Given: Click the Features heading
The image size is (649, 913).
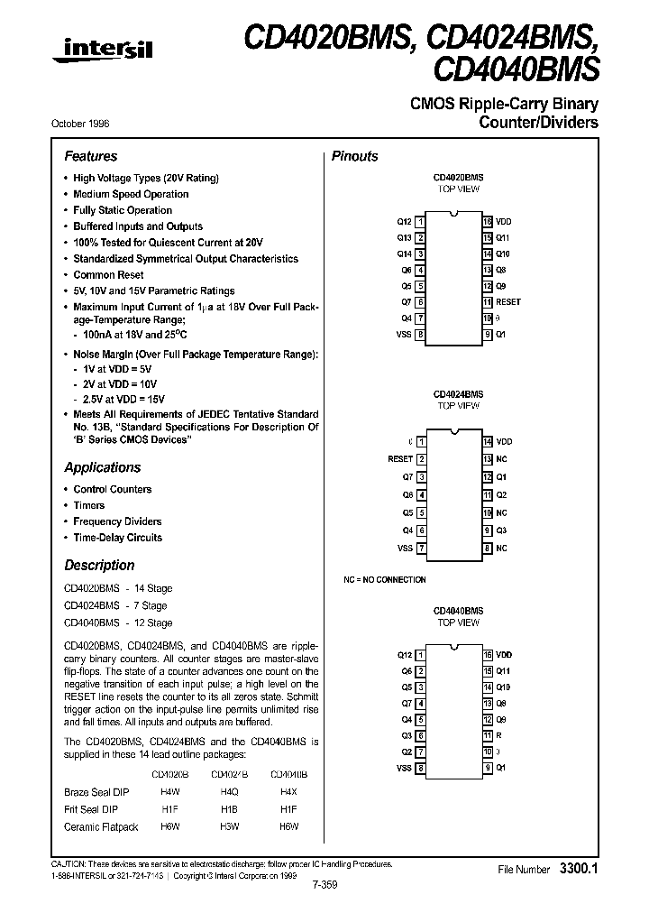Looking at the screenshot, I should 91,156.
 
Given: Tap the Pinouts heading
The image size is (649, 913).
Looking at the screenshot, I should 355,156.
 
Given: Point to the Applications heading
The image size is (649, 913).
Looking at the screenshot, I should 103,467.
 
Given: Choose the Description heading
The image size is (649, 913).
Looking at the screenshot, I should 99,566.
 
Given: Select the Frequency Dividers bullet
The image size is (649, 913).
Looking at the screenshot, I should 117,521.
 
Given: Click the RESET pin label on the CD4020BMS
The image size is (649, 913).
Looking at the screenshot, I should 508,302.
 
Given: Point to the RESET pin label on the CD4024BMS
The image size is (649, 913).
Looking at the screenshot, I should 400,459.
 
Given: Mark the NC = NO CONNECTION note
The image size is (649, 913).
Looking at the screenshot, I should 385,580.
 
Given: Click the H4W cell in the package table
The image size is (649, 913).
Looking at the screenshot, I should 170,791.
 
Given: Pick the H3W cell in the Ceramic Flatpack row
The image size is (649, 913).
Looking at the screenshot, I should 229,825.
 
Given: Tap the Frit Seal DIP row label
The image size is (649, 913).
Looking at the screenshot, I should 90,808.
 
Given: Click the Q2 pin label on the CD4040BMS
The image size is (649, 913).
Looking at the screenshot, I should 407,752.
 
